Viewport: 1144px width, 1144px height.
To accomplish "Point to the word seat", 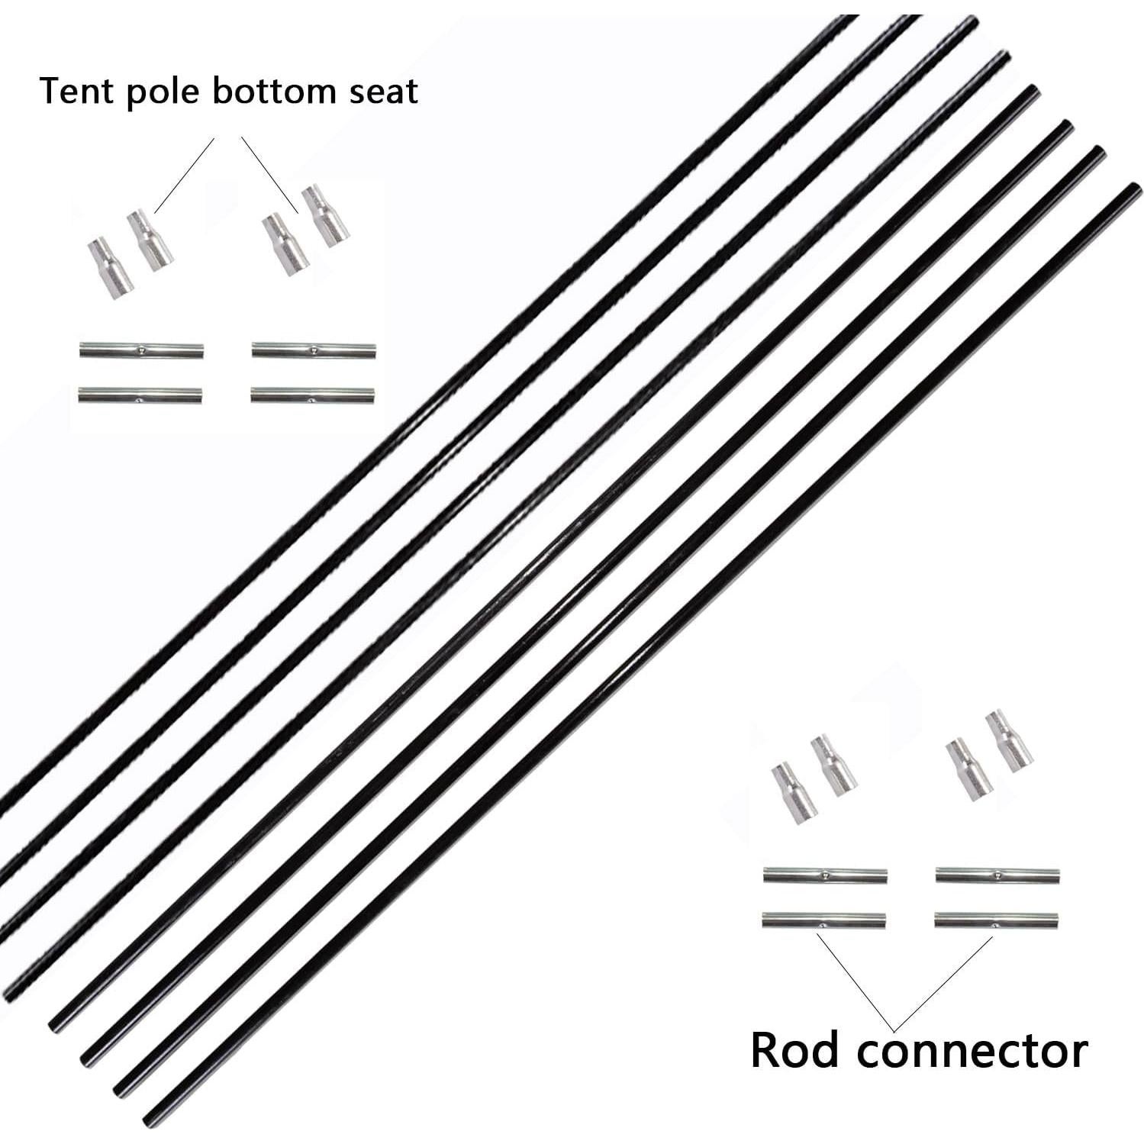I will [385, 92].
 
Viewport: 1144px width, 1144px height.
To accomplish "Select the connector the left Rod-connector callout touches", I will [823, 920].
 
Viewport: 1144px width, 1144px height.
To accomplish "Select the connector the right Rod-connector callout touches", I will [996, 920].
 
